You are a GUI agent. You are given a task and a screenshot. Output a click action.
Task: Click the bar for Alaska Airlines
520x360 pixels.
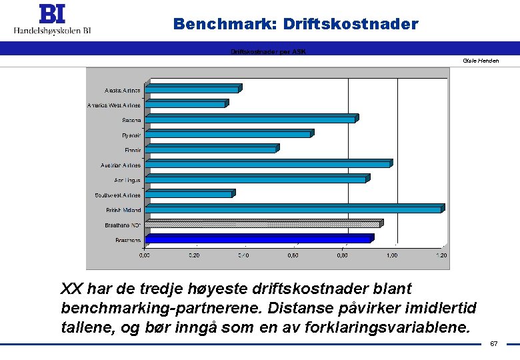(x=192, y=89)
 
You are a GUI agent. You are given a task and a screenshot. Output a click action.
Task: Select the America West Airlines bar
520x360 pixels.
(x=185, y=105)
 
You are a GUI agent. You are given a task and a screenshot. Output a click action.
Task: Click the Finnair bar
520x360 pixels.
(x=211, y=149)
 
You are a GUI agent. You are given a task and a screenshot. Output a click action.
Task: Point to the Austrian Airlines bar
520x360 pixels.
(x=267, y=164)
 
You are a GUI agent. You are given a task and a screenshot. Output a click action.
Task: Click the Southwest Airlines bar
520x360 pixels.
(x=189, y=195)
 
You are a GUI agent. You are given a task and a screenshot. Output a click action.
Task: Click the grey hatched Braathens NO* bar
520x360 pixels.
(x=263, y=224)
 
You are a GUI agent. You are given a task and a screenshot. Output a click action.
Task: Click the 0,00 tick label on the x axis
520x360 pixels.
(x=144, y=255)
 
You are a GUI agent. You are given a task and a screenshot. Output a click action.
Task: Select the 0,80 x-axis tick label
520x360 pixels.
(x=342, y=255)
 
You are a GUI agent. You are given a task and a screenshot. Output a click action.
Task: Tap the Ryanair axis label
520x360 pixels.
(x=131, y=135)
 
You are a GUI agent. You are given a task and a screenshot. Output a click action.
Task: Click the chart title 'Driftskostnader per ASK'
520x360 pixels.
(x=268, y=51)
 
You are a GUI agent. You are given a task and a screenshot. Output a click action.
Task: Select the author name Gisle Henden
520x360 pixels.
(x=481, y=61)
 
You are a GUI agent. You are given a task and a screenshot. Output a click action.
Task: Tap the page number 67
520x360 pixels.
(x=494, y=343)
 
